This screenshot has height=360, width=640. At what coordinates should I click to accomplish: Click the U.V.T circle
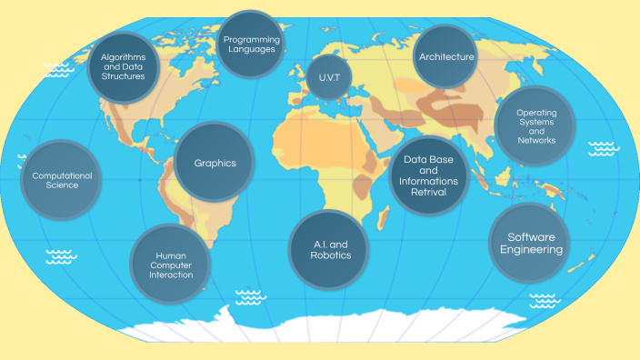click(328, 77)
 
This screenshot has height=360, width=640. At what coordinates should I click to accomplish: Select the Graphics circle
click(215, 163)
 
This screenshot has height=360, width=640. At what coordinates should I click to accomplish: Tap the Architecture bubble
click(445, 57)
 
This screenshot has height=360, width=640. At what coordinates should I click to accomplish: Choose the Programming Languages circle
click(251, 43)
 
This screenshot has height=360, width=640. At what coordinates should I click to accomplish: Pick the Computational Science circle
click(61, 179)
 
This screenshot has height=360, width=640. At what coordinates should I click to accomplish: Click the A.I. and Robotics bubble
click(325, 249)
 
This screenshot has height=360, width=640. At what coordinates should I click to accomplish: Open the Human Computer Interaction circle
click(171, 265)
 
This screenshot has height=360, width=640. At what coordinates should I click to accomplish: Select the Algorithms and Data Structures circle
click(123, 66)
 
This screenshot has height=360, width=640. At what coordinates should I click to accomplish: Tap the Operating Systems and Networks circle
click(536, 125)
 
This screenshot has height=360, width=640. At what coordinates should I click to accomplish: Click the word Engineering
click(530, 250)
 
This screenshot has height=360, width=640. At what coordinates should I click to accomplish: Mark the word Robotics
click(325, 256)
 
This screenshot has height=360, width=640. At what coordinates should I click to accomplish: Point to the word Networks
click(536, 141)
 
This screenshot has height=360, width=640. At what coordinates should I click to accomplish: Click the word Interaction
click(171, 275)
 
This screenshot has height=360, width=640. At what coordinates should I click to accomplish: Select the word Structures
click(124, 76)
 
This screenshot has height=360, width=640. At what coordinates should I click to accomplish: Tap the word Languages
click(251, 49)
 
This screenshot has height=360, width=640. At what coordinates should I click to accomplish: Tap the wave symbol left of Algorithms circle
click(59, 69)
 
